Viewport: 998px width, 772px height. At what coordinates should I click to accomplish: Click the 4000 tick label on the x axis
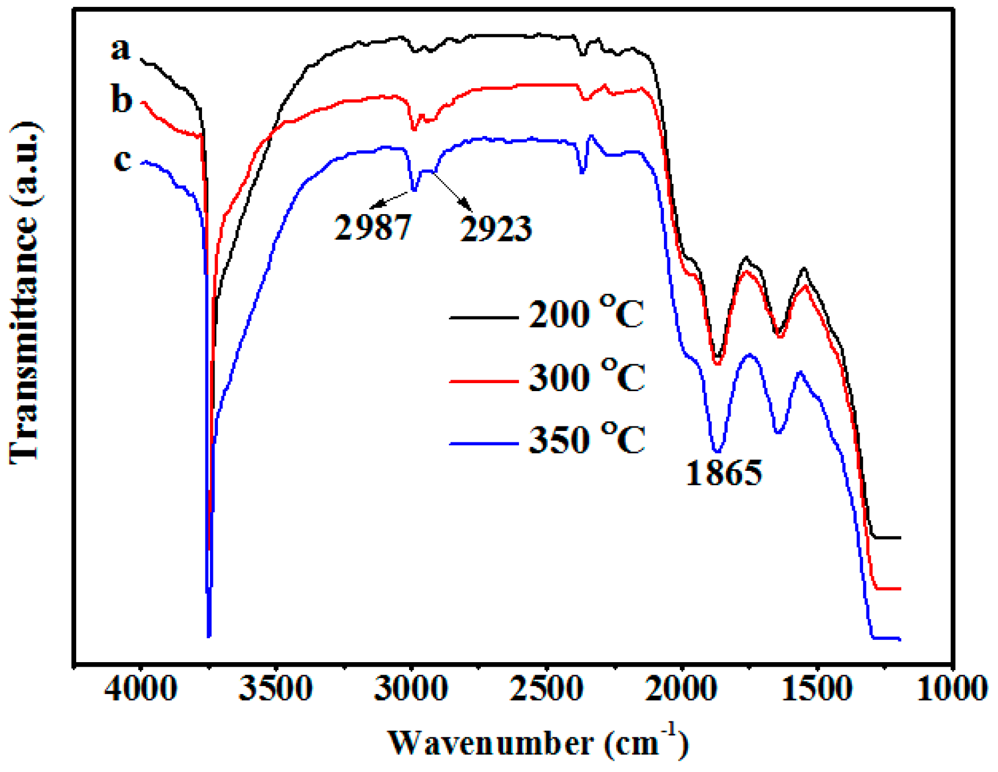click(141, 690)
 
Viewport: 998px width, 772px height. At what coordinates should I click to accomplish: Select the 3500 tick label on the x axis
click(275, 690)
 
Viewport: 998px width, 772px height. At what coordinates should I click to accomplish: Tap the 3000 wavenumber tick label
click(411, 690)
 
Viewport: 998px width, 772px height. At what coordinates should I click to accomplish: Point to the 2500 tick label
click(546, 690)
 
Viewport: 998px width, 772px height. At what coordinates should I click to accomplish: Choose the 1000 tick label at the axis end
click(951, 690)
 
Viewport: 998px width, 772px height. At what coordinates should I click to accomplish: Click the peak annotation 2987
click(373, 227)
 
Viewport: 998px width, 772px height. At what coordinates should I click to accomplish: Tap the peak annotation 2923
click(496, 229)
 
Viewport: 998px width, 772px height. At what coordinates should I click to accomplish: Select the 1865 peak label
click(724, 473)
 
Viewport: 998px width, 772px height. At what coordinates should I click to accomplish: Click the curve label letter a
click(120, 49)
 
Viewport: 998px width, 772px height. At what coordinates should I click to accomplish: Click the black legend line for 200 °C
click(484, 317)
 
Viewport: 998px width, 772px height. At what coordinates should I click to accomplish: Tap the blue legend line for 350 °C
click(484, 443)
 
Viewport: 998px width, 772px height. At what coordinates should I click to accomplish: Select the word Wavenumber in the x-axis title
click(490, 743)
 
